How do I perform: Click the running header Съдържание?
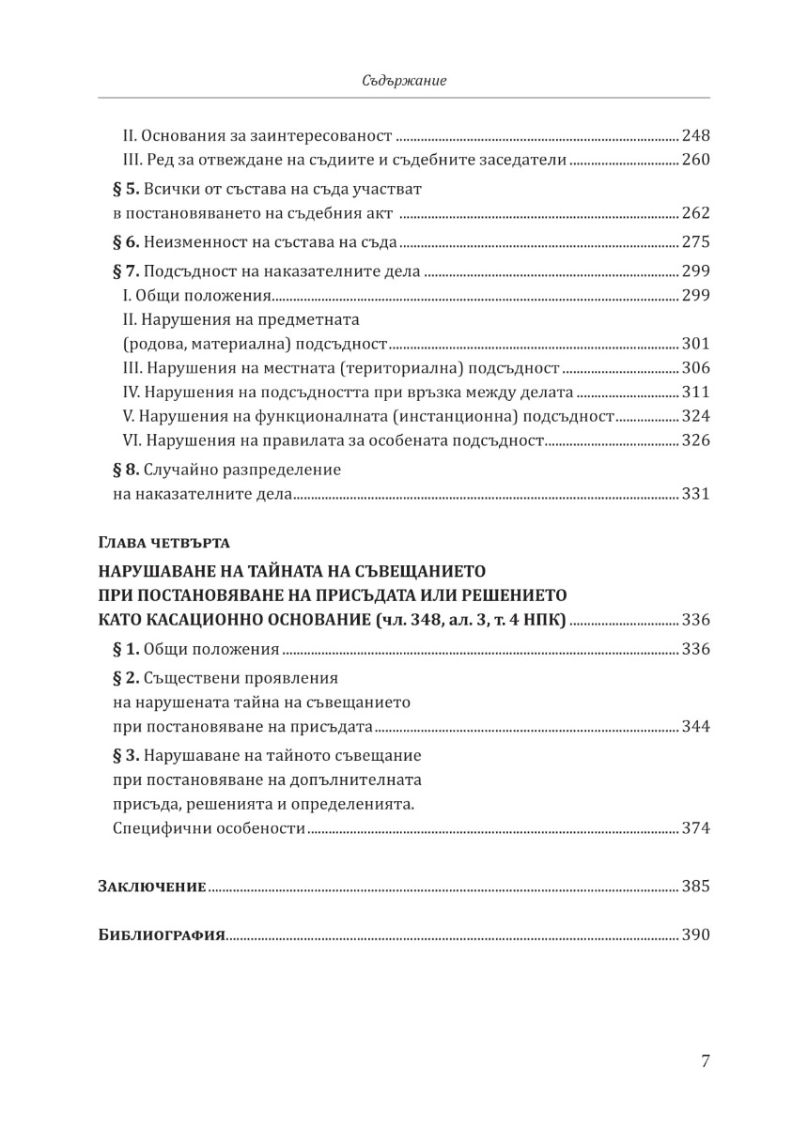pos(404,82)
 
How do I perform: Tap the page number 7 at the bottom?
pos(705,1062)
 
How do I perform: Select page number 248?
pos(695,134)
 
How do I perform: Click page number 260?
pos(695,160)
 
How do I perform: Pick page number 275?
pos(695,242)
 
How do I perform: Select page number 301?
pos(695,343)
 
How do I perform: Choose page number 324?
pos(695,416)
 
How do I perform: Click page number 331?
pos(695,494)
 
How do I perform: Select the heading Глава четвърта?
pos(163,542)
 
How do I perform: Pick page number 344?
pos(695,727)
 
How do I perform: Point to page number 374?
pos(695,828)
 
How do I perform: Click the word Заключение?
pos(152,886)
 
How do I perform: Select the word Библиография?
pos(161,935)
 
